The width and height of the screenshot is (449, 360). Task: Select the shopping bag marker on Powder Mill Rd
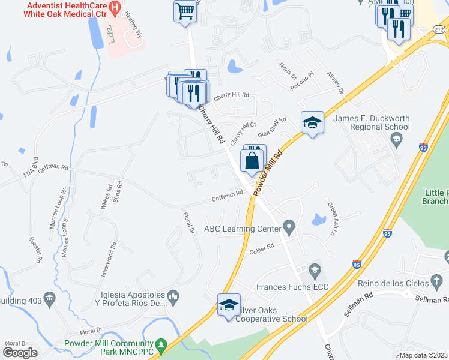coord(253,160)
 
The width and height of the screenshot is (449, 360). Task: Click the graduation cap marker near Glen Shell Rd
coord(312,123)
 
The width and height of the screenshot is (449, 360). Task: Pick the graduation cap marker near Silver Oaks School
coord(229,305)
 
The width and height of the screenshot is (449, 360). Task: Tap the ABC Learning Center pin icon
coord(289,228)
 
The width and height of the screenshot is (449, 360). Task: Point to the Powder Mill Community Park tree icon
coord(160,345)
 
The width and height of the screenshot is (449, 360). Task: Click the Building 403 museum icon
coord(50,298)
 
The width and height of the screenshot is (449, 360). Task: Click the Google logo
coord(20,352)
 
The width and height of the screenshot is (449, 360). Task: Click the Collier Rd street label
coord(262,247)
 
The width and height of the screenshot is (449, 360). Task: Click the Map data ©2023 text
coord(424,355)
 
